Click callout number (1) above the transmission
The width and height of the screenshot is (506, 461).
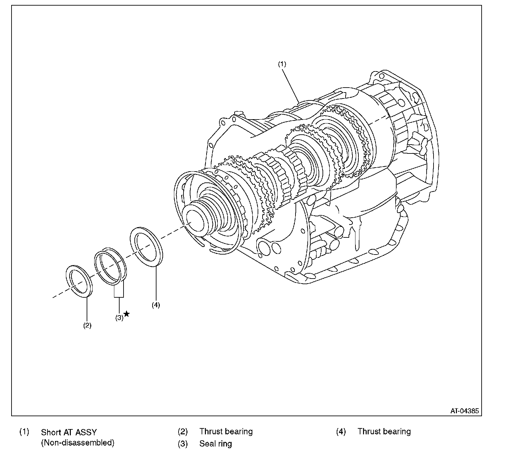[x=282, y=64]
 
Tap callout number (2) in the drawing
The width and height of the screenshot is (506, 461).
[x=87, y=326]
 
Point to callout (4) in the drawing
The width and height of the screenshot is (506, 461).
[x=156, y=305]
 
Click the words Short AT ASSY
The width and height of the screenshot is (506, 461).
[x=69, y=432]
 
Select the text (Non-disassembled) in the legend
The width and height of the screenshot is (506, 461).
[x=78, y=443]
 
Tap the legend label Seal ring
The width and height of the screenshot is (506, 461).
[x=215, y=444]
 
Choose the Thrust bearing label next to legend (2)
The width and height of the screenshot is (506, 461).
[x=226, y=432]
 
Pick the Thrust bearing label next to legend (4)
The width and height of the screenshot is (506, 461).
[x=384, y=432]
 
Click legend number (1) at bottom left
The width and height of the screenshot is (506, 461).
[x=24, y=432]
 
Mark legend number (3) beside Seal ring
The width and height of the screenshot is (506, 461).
[x=183, y=444]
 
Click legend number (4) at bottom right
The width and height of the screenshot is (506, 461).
[x=341, y=432]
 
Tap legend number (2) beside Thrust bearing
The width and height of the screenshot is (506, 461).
[x=183, y=432]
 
